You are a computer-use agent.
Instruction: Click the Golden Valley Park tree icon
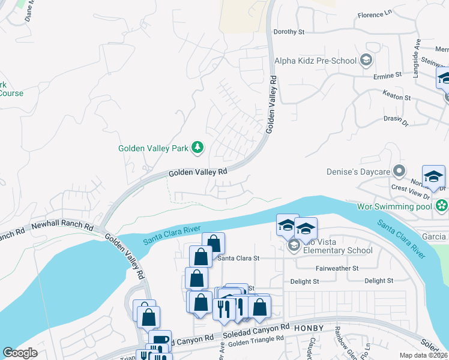tap(197, 147)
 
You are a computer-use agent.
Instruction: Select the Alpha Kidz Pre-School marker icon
tap(366, 60)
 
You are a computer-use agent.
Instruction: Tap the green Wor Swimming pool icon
tap(442, 206)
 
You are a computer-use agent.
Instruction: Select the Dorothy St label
tap(289, 32)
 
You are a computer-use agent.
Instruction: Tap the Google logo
tap(20, 353)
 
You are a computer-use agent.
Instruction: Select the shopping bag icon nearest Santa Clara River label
tap(213, 243)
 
